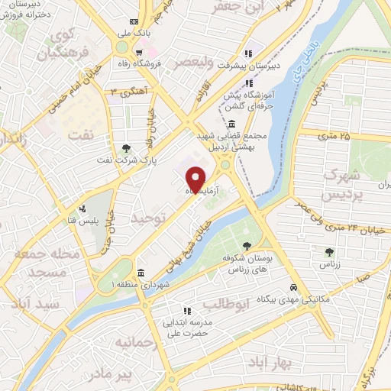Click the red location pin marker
tap(196, 178)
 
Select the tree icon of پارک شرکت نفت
tap(127, 149)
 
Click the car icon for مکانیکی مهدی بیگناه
tap(293, 287)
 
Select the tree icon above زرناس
tap(329, 250)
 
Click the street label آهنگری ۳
tap(124, 92)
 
